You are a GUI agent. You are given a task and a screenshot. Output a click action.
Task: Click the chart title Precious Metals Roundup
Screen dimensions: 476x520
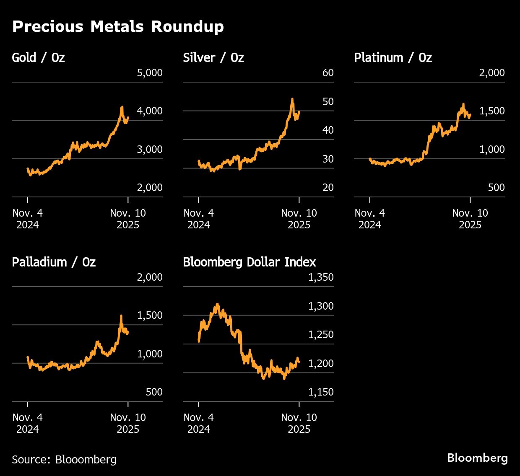click(x=118, y=27)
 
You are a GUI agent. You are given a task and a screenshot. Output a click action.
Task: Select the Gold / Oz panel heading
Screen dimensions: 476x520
click(x=38, y=57)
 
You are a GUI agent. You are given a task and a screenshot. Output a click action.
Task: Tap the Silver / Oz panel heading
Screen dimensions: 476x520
click(x=213, y=57)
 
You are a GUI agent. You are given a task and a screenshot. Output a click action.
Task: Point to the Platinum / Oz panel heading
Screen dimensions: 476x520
click(x=393, y=57)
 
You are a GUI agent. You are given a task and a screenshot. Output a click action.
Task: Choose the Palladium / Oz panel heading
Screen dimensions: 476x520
click(x=54, y=262)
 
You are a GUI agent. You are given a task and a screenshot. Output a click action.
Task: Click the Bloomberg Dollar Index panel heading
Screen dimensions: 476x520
click(x=250, y=262)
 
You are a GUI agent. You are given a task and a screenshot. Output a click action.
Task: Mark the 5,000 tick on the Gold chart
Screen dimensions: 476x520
click(x=150, y=73)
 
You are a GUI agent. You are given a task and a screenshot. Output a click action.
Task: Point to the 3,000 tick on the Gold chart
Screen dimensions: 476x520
click(x=150, y=150)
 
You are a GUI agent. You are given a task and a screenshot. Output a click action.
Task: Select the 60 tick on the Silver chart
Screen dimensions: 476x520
click(x=328, y=73)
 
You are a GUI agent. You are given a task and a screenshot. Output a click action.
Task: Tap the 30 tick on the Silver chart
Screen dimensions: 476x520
click(x=328, y=159)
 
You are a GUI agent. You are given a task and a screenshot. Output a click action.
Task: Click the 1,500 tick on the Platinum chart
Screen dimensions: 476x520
click(x=492, y=111)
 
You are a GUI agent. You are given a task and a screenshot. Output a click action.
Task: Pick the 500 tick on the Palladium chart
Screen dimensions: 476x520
click(x=154, y=392)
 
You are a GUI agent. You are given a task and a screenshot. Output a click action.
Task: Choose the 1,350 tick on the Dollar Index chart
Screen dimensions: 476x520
click(x=321, y=277)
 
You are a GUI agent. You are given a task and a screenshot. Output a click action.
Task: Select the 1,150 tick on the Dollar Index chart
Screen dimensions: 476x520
click(x=321, y=392)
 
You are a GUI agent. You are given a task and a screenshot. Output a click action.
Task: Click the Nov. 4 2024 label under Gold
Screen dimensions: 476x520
click(x=28, y=219)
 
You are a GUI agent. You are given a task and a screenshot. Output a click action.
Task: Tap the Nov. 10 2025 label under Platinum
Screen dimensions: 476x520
click(x=470, y=219)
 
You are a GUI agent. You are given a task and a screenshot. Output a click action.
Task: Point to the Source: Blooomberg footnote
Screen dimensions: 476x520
click(x=64, y=459)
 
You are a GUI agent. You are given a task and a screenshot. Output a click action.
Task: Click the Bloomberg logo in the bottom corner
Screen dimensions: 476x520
click(x=477, y=458)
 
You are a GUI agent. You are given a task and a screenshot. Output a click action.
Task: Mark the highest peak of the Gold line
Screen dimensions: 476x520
click(x=122, y=107)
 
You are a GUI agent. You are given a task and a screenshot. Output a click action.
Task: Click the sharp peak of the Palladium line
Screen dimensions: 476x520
click(x=121, y=316)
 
